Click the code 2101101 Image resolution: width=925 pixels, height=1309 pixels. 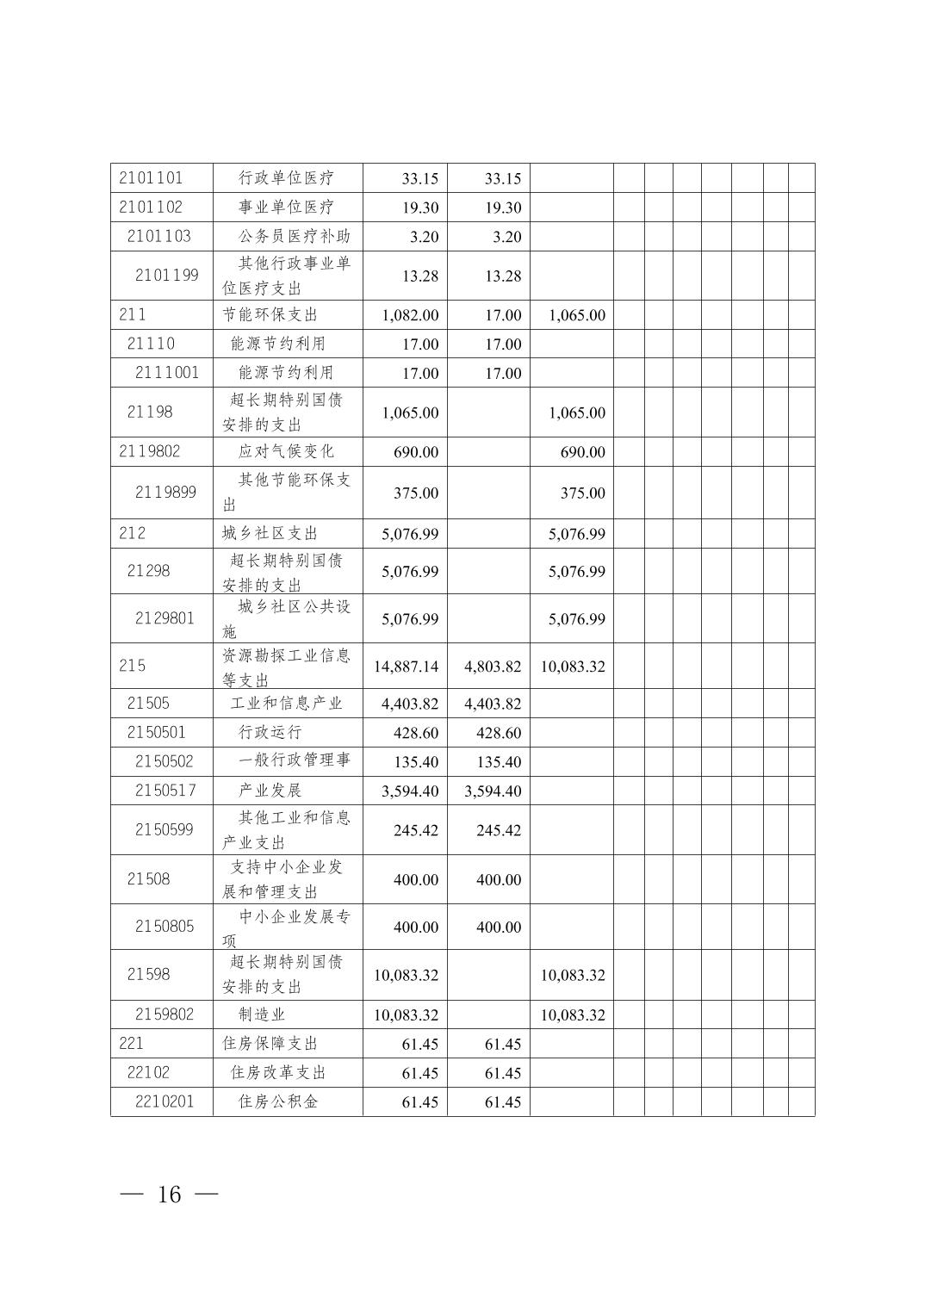click(151, 178)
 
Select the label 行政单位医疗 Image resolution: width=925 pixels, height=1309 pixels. click(286, 178)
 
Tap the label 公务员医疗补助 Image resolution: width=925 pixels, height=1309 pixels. click(294, 236)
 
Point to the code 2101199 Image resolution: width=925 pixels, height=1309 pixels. click(166, 276)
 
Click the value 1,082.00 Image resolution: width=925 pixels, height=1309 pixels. click(410, 315)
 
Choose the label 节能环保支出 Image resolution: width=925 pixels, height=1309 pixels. click(270, 314)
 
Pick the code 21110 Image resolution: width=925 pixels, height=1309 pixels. click(151, 344)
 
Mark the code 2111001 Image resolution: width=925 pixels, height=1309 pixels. click(166, 373)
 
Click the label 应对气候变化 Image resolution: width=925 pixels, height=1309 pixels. click(286, 451)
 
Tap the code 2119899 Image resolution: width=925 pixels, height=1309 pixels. click(166, 493)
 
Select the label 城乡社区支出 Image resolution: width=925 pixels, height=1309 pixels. click(270, 533)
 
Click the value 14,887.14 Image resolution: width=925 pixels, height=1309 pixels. click(406, 667)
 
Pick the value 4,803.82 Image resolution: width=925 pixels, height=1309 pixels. click(493, 667)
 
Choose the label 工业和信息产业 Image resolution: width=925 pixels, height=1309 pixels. click(286, 704)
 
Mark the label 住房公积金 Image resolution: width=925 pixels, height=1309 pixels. click(278, 1101)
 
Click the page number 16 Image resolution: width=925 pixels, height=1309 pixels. click(170, 1194)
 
